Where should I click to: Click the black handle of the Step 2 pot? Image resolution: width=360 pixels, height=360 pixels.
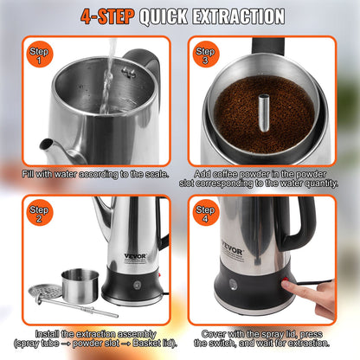tap(161, 225)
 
